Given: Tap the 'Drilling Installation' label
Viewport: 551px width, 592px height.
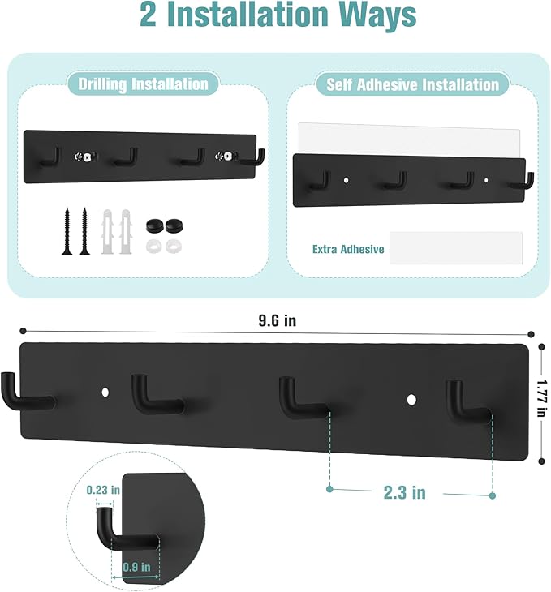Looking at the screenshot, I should coord(143,84).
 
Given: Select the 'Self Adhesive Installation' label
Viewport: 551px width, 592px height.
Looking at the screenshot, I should coord(412,84).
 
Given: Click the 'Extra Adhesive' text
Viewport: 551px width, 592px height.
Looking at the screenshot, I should coord(348,249).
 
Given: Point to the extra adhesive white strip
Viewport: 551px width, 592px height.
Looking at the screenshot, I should coord(455,247).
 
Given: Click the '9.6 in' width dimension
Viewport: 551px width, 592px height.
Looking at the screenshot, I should coord(277,320).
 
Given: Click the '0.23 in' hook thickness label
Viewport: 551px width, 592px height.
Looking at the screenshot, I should coord(103,490).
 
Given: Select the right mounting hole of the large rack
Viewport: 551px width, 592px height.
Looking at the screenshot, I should coord(411,399).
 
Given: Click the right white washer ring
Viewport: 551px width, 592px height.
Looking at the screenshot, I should coord(172,243).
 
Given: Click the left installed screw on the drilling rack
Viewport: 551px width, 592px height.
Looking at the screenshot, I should coord(81,155).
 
